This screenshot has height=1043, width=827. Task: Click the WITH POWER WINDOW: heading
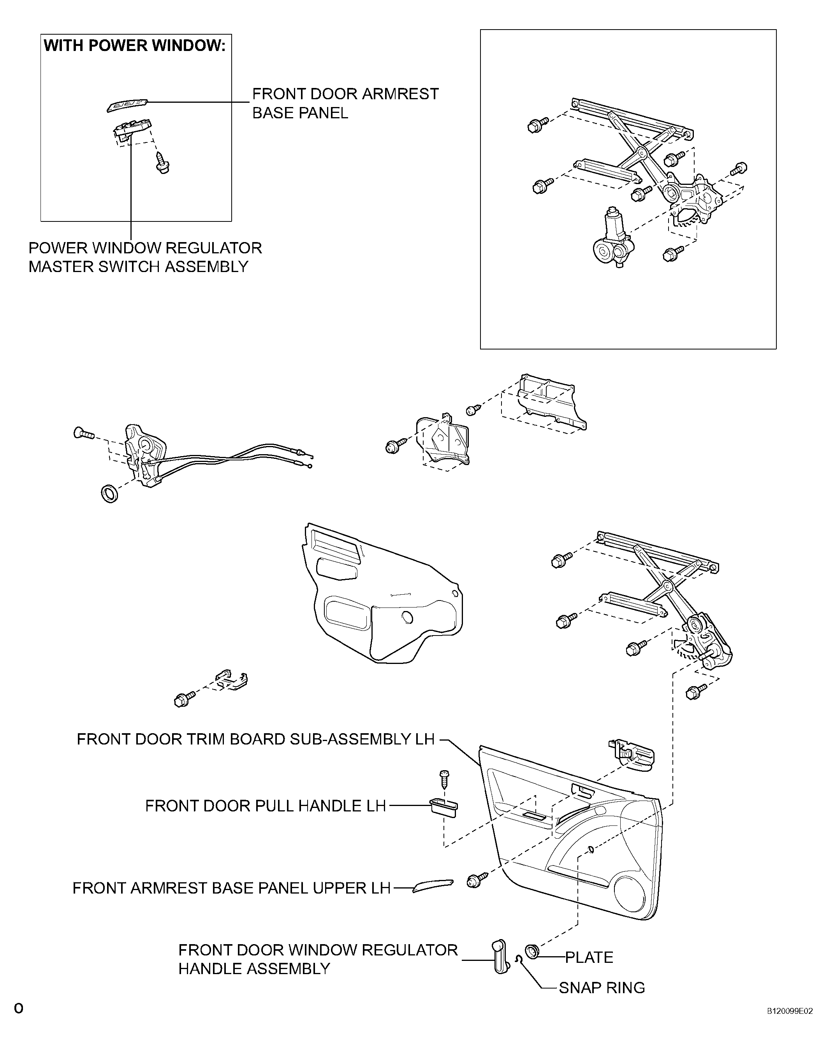tap(135, 46)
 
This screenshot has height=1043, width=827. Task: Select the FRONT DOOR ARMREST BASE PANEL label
tap(345, 103)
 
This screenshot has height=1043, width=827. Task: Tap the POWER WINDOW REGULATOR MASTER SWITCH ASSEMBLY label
tap(145, 257)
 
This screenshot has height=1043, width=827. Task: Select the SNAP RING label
tap(602, 987)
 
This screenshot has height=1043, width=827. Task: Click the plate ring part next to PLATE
tap(532, 951)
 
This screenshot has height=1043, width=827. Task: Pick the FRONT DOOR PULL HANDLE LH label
tap(265, 806)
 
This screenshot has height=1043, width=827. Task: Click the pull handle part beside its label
tap(443, 808)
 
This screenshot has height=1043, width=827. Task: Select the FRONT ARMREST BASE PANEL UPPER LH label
tap(231, 888)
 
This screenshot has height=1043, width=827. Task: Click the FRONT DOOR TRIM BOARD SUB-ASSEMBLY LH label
tap(255, 739)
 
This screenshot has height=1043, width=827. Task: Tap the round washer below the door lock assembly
tap(109, 494)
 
